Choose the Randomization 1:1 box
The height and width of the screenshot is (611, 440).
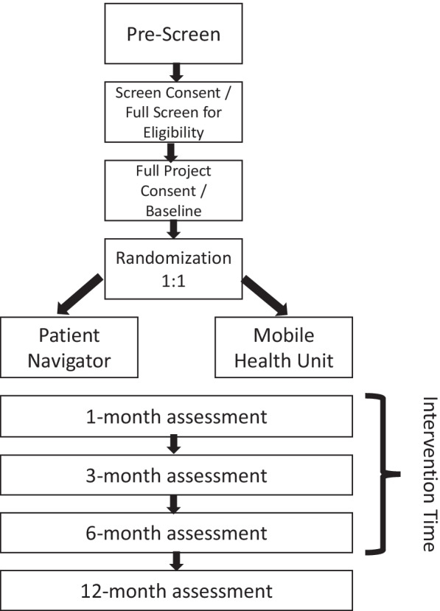point(174,268)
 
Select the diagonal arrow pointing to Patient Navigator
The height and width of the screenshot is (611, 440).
point(80,296)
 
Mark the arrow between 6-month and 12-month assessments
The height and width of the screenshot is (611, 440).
point(174,561)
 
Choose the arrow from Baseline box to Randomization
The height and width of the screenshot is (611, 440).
point(174,229)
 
